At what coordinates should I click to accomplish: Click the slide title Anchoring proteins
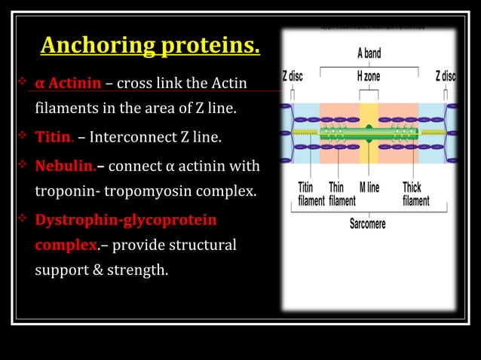[x=150, y=46]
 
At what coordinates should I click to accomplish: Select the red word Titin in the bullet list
[x=53, y=138]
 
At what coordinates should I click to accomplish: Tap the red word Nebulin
[x=64, y=165]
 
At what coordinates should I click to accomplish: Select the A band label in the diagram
[x=369, y=53]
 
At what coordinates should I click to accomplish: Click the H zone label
[x=369, y=77]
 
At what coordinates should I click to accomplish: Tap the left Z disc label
[x=294, y=77]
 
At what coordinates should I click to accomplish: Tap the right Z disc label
[x=445, y=77]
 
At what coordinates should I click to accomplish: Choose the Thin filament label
[x=342, y=194]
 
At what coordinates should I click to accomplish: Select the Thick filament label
[x=416, y=194]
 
